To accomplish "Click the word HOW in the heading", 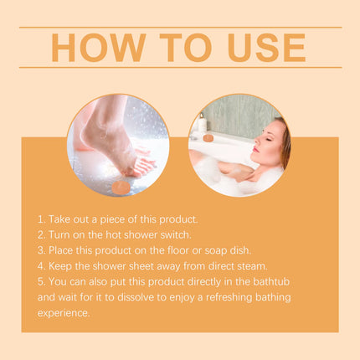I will coord(95,47).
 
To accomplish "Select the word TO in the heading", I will coord(177,47).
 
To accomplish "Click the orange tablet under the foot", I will coord(121,186).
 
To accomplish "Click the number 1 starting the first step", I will coord(40,219).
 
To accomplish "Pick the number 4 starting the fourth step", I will coord(40,265).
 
